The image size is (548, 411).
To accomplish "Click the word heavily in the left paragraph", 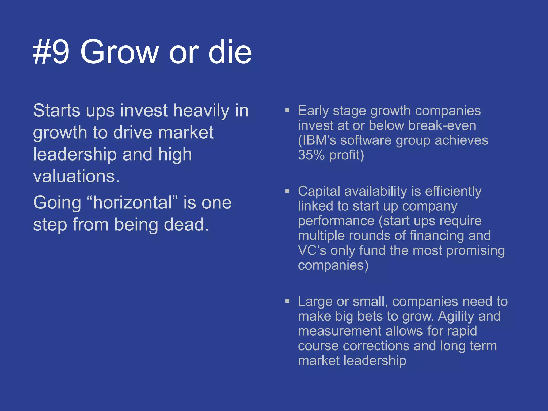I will pyautogui.click(x=201, y=111).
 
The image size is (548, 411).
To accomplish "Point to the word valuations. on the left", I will pyautogui.click(x=76, y=177).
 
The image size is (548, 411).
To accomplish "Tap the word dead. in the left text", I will pyautogui.click(x=186, y=224).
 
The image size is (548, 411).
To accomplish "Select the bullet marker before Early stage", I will pyautogui.click(x=287, y=110).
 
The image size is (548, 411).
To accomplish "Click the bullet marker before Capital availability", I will pyautogui.click(x=287, y=191).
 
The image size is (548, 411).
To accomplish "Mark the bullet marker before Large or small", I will pyautogui.click(x=287, y=301).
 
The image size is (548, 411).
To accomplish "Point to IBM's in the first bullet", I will pyautogui.click(x=317, y=140).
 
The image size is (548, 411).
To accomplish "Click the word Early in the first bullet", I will pyautogui.click(x=313, y=111).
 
